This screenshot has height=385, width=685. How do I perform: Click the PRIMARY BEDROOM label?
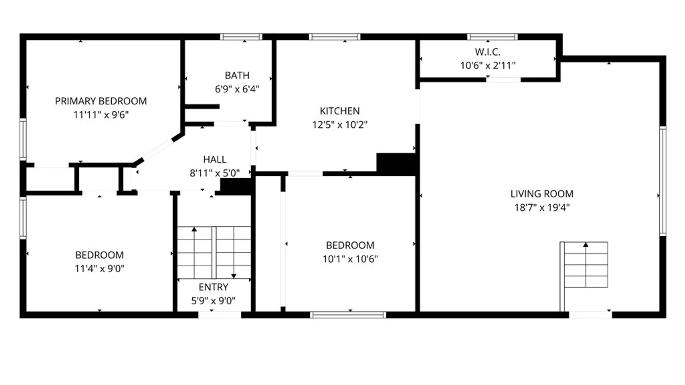click(x=101, y=101)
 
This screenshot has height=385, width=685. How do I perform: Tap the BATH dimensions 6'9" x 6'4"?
click(x=237, y=89)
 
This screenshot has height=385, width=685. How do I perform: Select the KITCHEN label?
click(x=340, y=111)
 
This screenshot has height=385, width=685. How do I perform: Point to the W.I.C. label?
click(x=487, y=52)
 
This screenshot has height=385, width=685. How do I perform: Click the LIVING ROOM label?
click(x=542, y=194)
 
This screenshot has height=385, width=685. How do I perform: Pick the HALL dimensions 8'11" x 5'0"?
click(x=214, y=173)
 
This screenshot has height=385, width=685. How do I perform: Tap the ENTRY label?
click(x=213, y=287)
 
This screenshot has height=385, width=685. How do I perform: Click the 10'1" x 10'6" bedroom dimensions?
click(x=350, y=259)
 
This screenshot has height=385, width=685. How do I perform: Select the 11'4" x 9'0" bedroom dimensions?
click(x=100, y=268)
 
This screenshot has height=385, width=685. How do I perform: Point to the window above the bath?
click(x=241, y=37)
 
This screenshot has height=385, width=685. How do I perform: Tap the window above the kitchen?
click(x=335, y=37)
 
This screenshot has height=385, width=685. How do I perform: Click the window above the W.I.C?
click(x=492, y=37)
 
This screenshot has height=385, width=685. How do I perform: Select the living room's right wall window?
click(x=663, y=181)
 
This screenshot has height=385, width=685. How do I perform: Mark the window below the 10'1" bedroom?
click(x=348, y=315)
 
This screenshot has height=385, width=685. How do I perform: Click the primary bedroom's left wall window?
click(x=23, y=139)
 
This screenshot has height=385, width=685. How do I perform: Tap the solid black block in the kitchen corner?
click(x=396, y=164)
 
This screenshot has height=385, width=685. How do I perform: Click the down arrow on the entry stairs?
click(x=234, y=275)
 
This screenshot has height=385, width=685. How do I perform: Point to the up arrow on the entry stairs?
click(x=194, y=230)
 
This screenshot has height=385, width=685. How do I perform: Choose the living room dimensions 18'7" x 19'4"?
click(x=542, y=207)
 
